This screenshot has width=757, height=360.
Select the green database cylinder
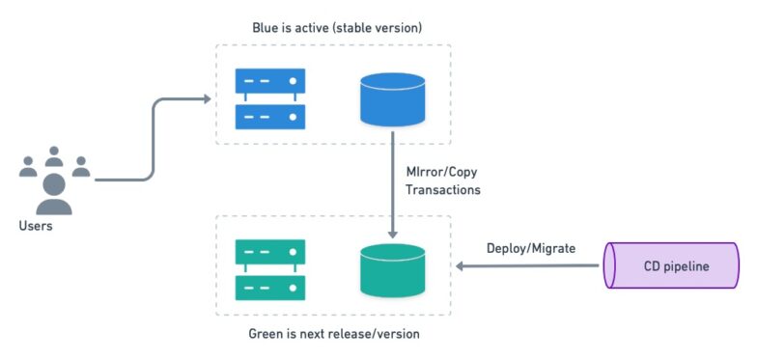click(392, 270)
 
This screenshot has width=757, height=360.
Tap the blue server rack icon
click(270, 99)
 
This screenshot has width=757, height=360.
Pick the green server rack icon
click(270, 270)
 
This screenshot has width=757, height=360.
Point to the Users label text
click(36, 226)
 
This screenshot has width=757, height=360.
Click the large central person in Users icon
click(54, 194)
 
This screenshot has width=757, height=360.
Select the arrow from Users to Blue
click(153, 135)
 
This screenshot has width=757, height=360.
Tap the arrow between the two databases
click(393, 188)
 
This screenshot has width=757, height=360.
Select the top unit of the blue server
click(270, 82)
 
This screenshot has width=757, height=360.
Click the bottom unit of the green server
click(270, 288)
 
